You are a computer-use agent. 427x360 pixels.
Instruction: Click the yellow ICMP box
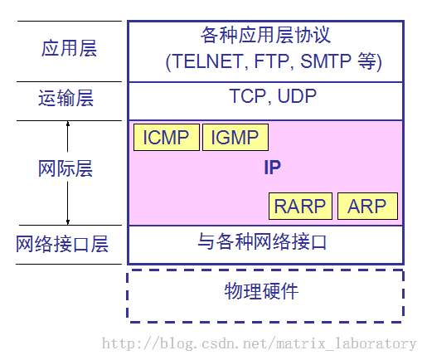(x=167, y=137)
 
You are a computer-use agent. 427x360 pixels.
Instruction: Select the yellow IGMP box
(x=235, y=137)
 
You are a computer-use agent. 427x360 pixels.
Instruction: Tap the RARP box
(x=300, y=206)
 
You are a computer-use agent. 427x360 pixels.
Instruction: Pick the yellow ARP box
(x=367, y=206)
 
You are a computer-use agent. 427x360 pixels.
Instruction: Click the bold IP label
(x=273, y=168)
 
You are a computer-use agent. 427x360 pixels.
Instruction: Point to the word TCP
(x=247, y=96)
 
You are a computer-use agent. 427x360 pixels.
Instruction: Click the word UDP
(x=297, y=96)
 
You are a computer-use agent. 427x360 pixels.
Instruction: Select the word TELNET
(x=209, y=61)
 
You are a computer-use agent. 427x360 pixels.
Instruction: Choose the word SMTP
(x=326, y=61)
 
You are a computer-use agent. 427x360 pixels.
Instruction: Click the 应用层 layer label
(x=69, y=48)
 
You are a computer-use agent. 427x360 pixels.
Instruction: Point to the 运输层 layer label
(x=66, y=98)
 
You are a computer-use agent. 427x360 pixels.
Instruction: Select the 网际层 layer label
(x=66, y=168)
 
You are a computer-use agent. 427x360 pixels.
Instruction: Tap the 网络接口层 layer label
(x=62, y=244)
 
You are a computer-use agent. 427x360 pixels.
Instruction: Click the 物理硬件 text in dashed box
(x=261, y=291)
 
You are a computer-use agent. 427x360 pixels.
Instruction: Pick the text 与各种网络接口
(x=262, y=241)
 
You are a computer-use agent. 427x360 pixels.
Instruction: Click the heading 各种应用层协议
(x=265, y=35)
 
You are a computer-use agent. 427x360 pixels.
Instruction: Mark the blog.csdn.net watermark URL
(x=259, y=343)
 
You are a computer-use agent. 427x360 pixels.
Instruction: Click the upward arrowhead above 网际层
(x=68, y=124)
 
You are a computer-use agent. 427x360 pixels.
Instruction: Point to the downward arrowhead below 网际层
(x=68, y=221)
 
